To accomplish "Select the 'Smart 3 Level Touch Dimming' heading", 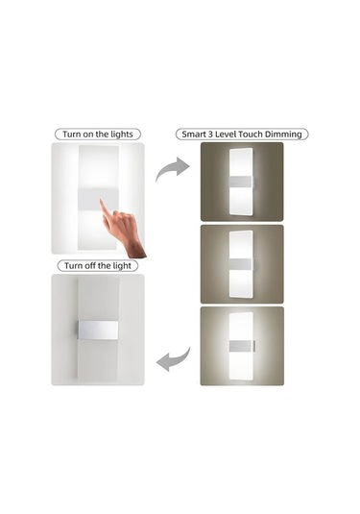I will click(x=241, y=134).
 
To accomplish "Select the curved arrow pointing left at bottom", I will click(x=174, y=361).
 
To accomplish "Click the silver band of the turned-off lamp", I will click(x=98, y=329).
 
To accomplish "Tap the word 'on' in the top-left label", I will click(x=94, y=134).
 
